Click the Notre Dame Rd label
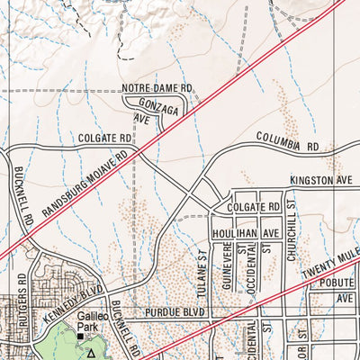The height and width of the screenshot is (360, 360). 158,88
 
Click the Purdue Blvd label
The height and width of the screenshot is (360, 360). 175,312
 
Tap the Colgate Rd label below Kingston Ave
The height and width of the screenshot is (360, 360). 256,206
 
